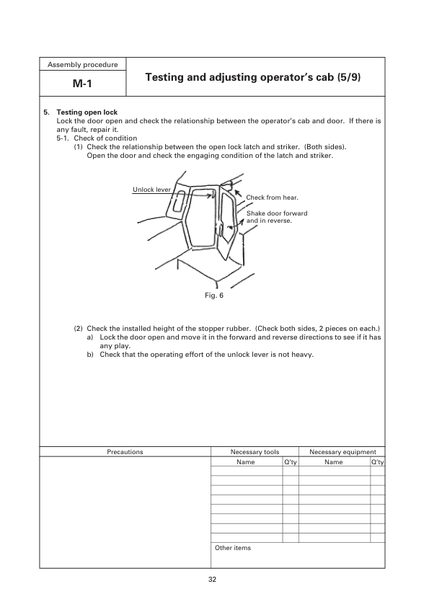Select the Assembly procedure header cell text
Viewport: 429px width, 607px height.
[x=83, y=65]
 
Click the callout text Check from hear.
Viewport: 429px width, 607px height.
[x=272, y=197]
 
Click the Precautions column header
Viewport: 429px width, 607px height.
[x=125, y=452]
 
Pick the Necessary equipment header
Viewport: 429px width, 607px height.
[x=342, y=452]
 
